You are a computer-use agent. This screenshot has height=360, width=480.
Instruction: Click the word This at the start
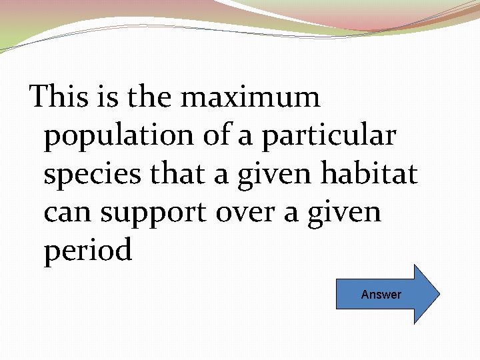[59, 97]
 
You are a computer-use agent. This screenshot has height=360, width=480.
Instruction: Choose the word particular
[329, 136]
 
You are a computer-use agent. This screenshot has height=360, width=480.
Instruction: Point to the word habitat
[369, 174]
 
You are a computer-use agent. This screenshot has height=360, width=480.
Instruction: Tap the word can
[69, 213]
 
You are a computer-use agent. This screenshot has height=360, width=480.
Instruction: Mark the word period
[88, 252]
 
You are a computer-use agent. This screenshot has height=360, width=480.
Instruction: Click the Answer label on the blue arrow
[381, 294]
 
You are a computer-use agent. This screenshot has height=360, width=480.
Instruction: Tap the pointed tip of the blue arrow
[439, 294]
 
